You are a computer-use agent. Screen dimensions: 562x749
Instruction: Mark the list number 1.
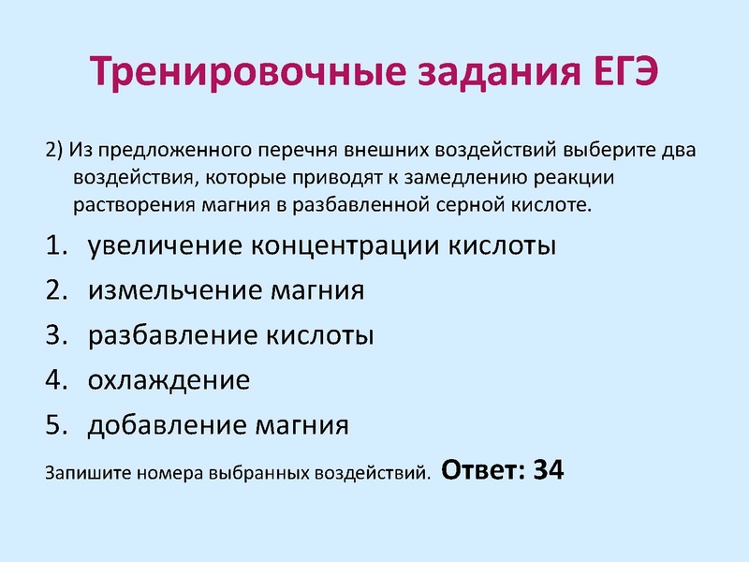tap(55, 246)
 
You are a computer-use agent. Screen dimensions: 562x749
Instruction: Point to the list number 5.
tap(55, 425)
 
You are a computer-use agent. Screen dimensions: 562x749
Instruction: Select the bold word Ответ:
tap(480, 469)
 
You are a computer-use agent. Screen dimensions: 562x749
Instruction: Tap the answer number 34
tap(548, 469)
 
